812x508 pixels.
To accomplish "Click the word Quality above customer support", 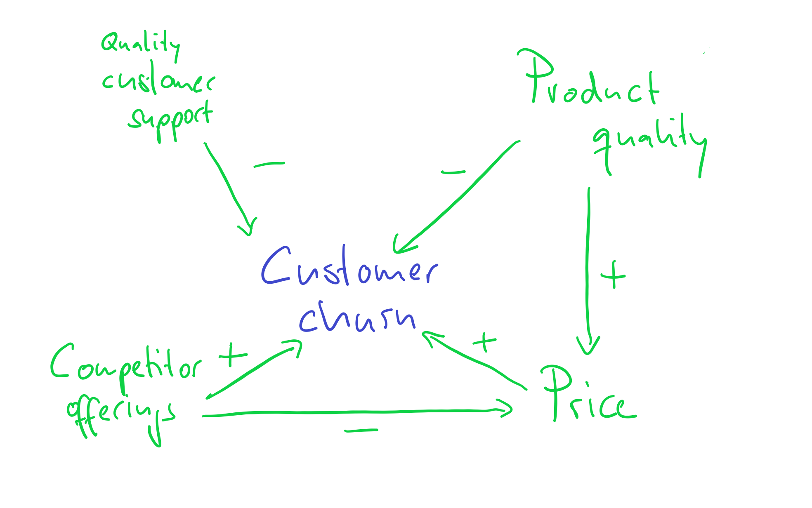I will pos(140,44).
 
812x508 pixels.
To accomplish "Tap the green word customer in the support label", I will pos(158,80).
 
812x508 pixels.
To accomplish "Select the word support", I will pos(170,120).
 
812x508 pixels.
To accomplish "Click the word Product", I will pos(590,80).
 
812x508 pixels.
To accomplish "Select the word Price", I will pos(588,396).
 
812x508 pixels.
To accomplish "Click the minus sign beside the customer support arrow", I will pos(269,165).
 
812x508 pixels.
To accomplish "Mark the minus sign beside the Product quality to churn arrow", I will pos(453,172).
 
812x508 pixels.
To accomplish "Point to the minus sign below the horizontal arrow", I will pos(361,430).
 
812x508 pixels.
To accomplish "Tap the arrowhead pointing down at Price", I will pos(588,346).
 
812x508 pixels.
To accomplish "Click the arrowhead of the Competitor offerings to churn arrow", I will pos(295,346).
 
